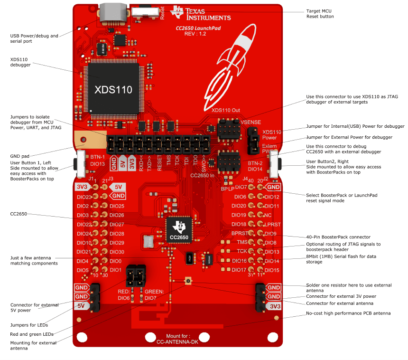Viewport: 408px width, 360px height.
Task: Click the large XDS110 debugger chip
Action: pyautogui.click(x=112, y=89)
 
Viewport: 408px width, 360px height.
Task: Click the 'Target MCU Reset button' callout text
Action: pyautogui.click(x=320, y=14)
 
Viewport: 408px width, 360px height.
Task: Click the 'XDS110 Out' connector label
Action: pyautogui.click(x=226, y=110)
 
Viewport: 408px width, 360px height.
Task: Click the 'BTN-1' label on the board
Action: pyautogui.click(x=98, y=156)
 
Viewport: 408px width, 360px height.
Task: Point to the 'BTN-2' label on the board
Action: pyautogui.click(x=256, y=162)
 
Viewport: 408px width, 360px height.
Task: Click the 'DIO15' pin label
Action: pyautogui.click(x=272, y=270)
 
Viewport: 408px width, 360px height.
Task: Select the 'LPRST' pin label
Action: pyautogui.click(x=272, y=224)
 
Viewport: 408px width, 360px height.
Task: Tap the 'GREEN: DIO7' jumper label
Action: pyautogui.click(x=154, y=294)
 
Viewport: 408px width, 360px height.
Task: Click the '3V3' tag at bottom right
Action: pyautogui.click(x=273, y=306)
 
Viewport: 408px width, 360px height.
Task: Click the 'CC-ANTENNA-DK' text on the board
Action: pyautogui.click(x=176, y=341)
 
